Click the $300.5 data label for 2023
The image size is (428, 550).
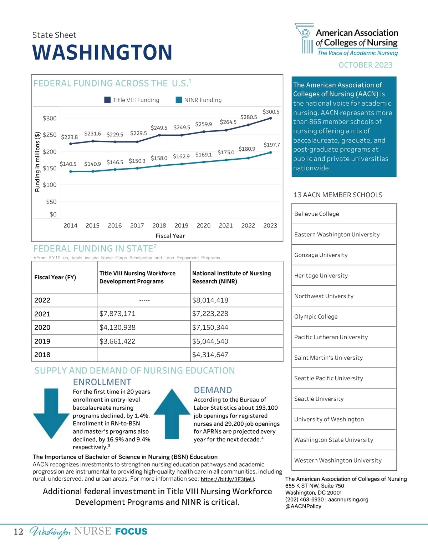coord(271,112)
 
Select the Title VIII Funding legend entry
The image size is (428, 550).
coord(132,100)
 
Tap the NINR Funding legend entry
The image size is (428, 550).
coord(199,100)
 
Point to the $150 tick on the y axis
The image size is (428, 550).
coord(50,168)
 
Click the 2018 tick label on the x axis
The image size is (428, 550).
coord(159,225)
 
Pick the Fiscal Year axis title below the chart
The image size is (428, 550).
coord(170,236)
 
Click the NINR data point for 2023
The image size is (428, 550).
coord(270,152)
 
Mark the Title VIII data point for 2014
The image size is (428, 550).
coord(71,144)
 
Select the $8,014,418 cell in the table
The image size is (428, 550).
coord(210,300)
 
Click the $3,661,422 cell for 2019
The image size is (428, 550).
coord(117,341)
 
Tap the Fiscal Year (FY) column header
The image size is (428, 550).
coord(55,277)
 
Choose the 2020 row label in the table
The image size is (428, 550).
coord(42,327)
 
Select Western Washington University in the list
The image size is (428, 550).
coord(338,460)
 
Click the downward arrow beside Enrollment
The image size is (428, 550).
coord(51,412)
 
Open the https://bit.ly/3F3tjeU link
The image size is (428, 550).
coord(228,479)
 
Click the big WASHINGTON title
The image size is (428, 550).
coord(102,52)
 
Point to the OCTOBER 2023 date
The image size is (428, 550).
coord(365,65)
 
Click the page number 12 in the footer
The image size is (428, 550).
coord(19,532)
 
